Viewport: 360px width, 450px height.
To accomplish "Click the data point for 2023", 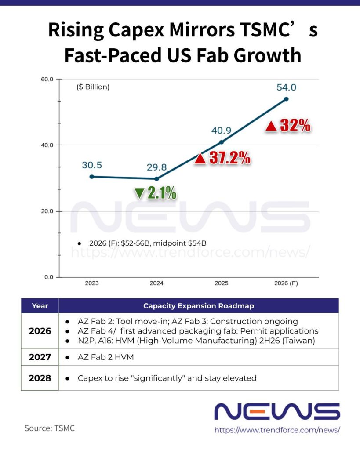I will pos(91,177).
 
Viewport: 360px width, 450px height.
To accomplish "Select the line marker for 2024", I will pos(156,179).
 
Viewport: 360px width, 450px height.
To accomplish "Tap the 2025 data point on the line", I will pos(222,142).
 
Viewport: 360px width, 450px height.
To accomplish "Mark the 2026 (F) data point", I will pos(287,99).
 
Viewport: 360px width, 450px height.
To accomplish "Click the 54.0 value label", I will pos(286,87).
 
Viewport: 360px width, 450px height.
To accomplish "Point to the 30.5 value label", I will pos(91,165).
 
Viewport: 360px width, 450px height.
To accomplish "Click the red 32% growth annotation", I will pos(288,126).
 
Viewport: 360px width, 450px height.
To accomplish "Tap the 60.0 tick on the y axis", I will pos(47,79).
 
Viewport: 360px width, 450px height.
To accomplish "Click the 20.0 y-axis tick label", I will pos(47,211).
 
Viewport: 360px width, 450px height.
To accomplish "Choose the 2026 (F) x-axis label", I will pos(286,283).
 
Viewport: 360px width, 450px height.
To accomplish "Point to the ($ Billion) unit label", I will pos(93,87).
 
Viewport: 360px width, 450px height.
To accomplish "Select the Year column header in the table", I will pos(40,306).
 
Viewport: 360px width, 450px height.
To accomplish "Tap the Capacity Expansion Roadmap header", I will pos(198,306).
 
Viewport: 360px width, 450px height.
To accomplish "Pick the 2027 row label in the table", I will pos(40,357).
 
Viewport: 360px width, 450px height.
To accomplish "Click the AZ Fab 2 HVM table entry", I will pos(105,357).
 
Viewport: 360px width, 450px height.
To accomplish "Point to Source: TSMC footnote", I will pos(49,428).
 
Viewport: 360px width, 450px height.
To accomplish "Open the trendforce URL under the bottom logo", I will pos(277,430).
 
